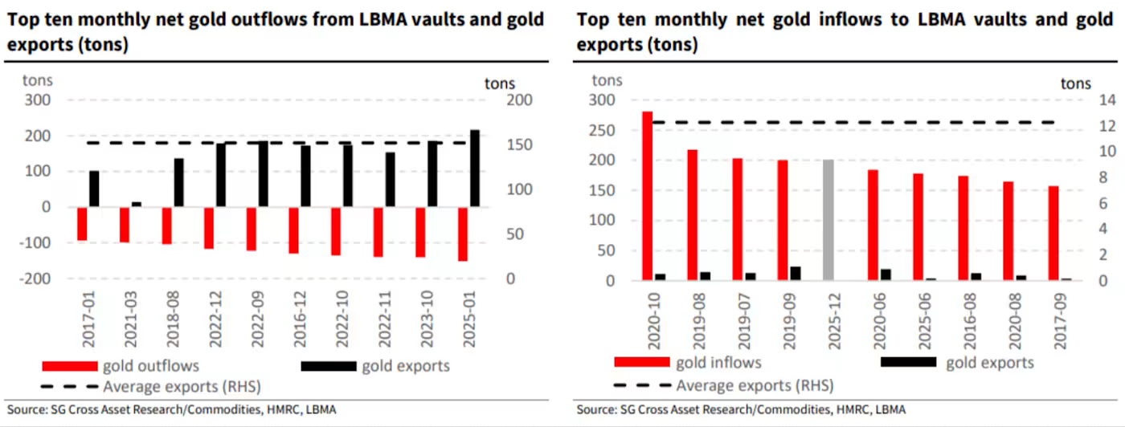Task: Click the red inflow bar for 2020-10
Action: pyautogui.click(x=647, y=196)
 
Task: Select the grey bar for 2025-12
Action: pyautogui.click(x=828, y=220)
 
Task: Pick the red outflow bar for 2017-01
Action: pyautogui.click(x=82, y=224)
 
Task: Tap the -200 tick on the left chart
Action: pyautogui.click(x=37, y=278)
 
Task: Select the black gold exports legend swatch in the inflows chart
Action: pyautogui.click(x=908, y=363)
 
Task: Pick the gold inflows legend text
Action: pyautogui.click(x=718, y=363)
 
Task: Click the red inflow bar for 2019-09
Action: pyautogui.click(x=783, y=220)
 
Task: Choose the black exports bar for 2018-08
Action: pyautogui.click(x=178, y=182)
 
